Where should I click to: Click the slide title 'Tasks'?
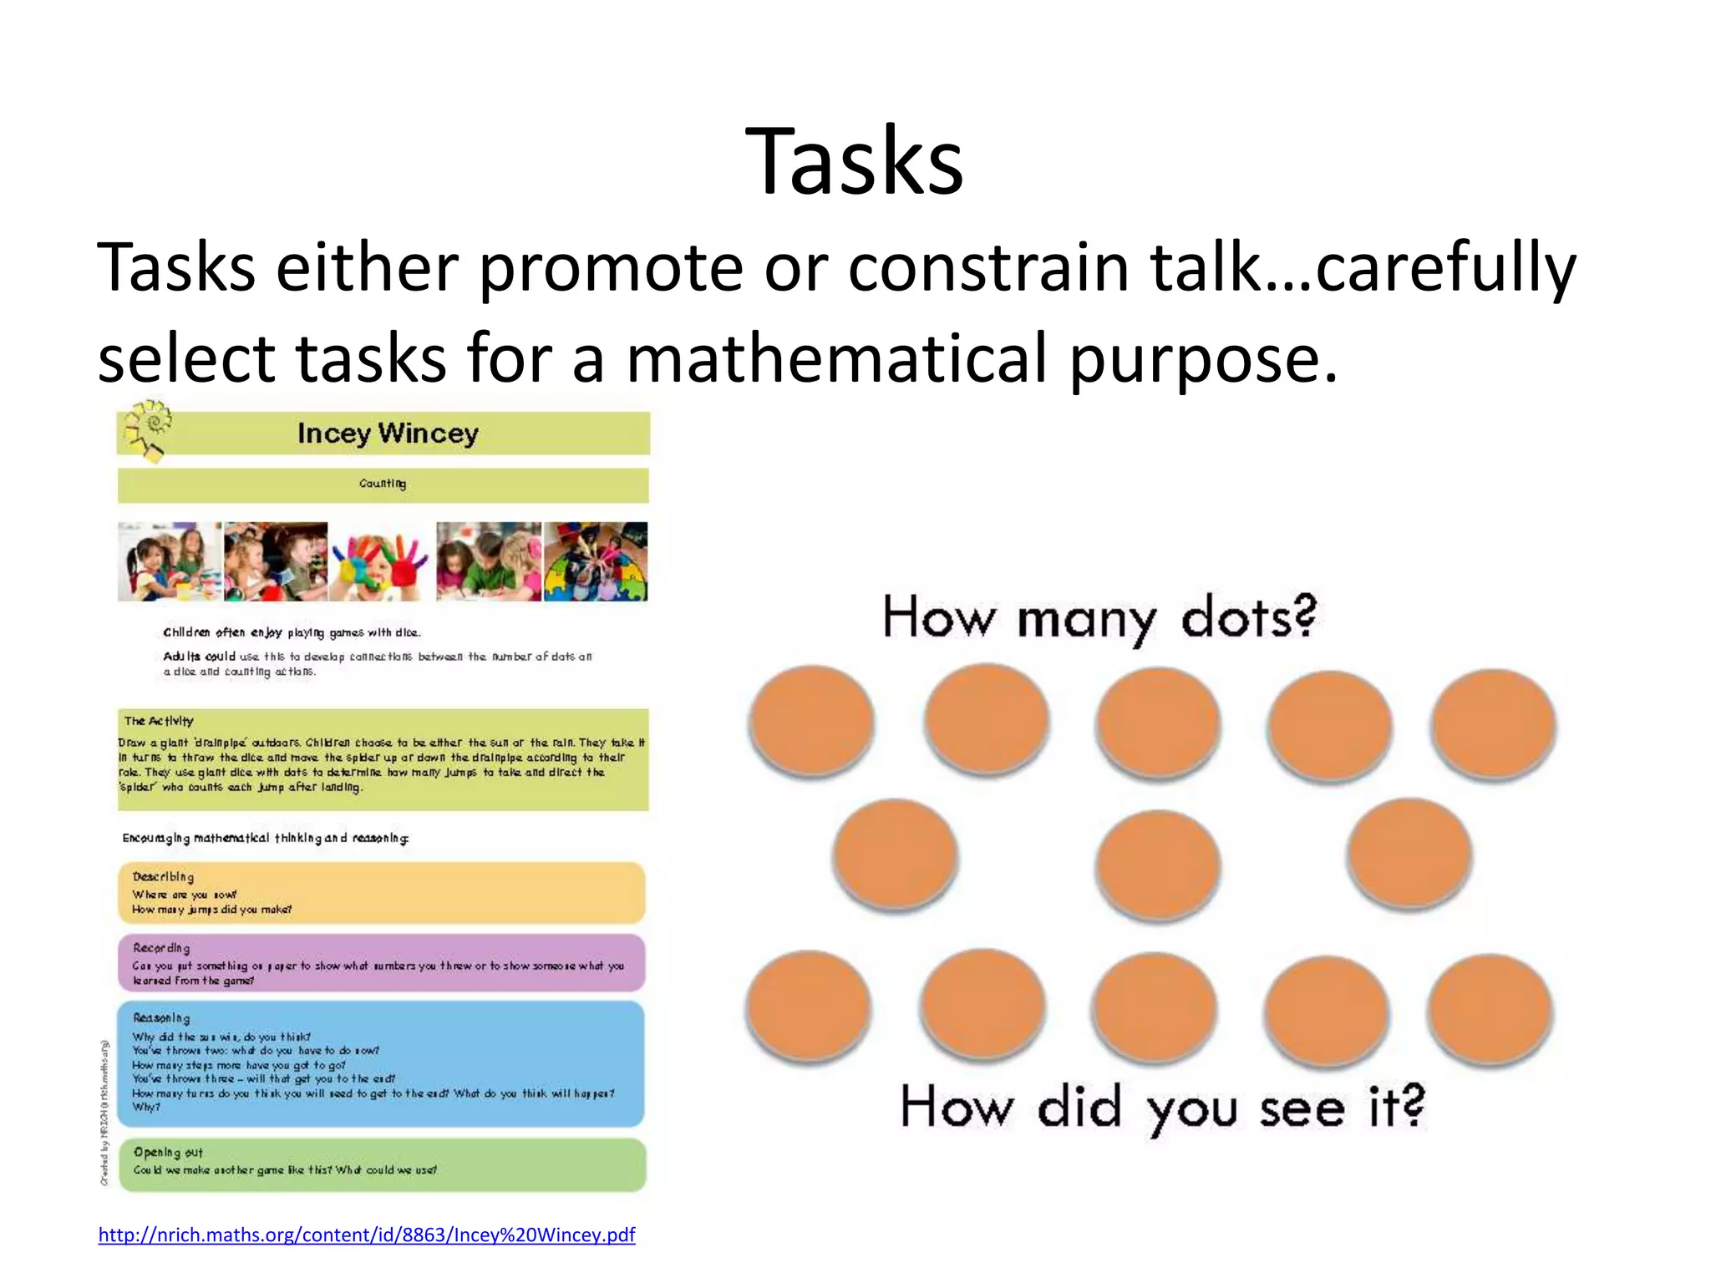854,160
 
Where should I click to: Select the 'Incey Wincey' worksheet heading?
388,433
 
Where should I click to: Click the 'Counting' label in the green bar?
383,484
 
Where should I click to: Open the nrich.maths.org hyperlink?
366,1235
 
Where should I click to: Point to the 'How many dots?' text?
1099,618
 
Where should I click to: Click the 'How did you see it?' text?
1161,1108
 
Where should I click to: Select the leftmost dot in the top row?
811,720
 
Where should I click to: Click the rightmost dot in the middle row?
1409,854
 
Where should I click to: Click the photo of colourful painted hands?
381,562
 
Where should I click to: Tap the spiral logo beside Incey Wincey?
147,429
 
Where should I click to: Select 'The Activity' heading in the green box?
159,721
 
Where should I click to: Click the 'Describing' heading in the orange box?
163,876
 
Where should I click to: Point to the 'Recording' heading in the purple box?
161,948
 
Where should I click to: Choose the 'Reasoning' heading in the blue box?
161,1018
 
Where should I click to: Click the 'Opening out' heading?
168,1152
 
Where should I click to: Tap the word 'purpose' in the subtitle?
1203,358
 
